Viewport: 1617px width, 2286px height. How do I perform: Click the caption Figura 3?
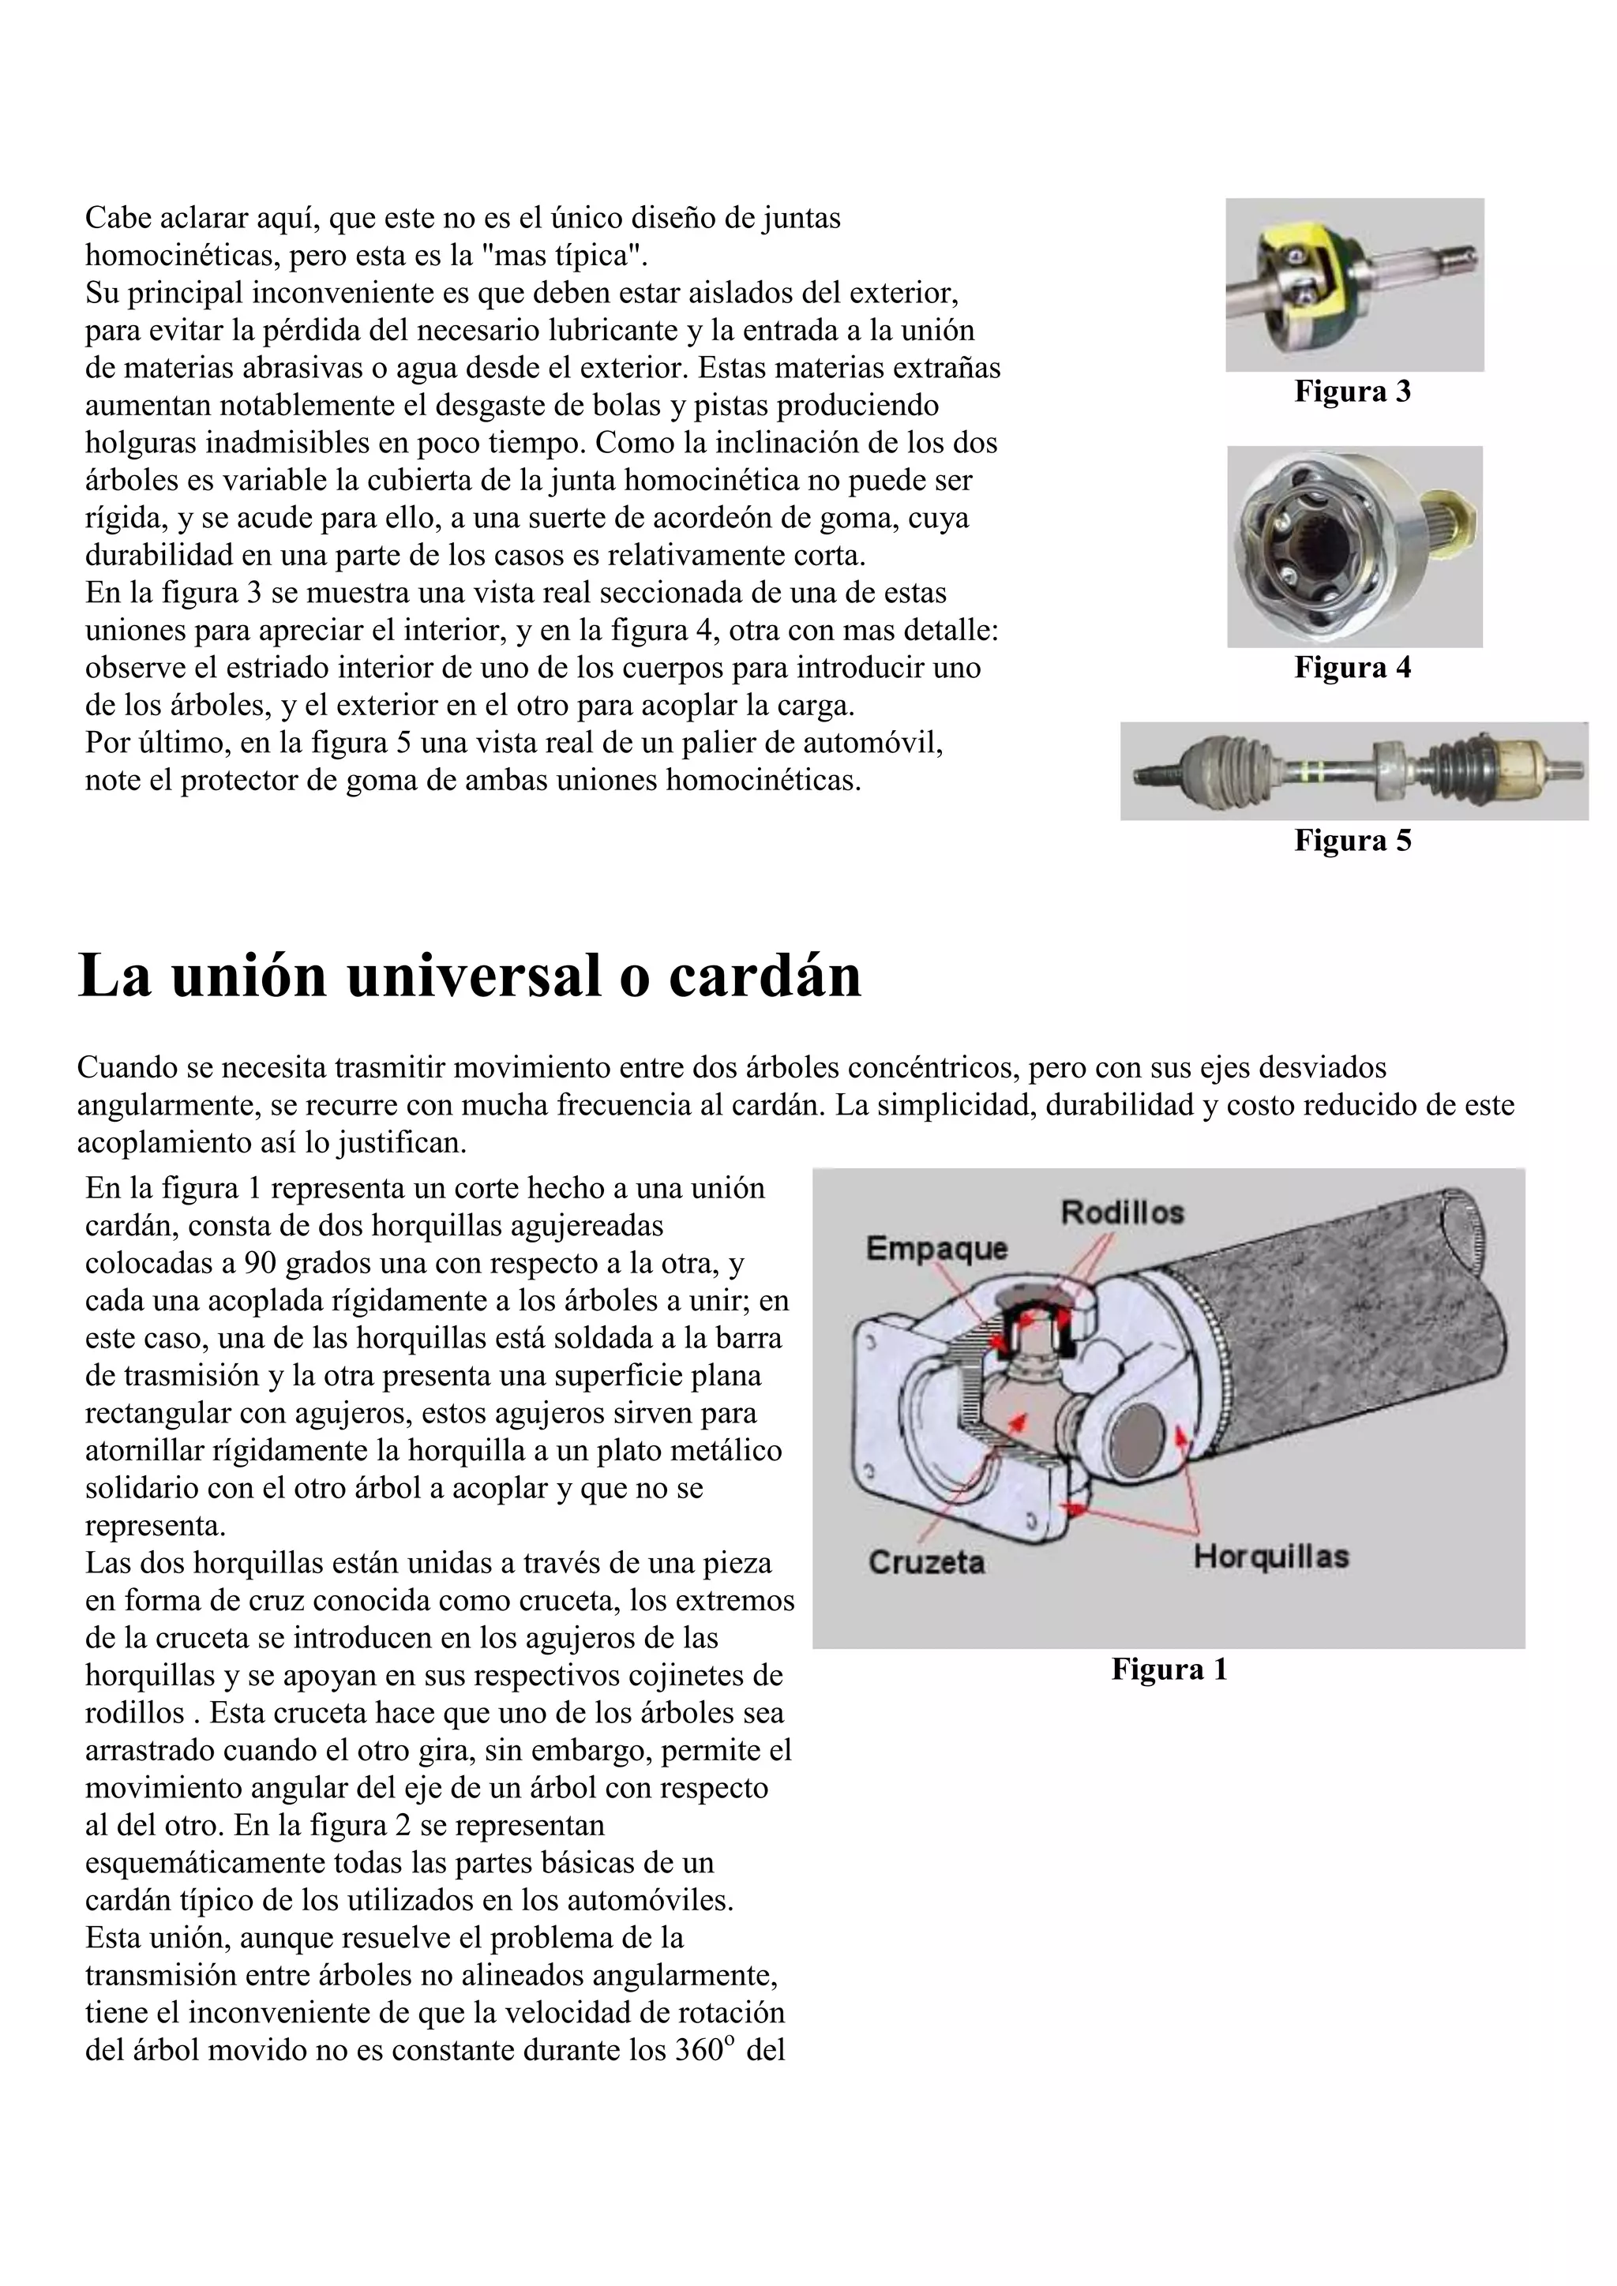tap(1353, 392)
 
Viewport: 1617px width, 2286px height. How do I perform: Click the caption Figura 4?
tap(1353, 667)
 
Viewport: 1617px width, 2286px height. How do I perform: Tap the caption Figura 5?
tap(1353, 841)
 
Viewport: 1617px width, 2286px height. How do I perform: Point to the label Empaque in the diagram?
tap(936, 1249)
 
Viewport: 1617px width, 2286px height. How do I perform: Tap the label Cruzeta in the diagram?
tap(926, 1562)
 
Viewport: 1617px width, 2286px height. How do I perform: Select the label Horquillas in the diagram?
tap(1270, 1556)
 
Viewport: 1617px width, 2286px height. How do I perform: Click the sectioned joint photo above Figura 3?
tap(1354, 285)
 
